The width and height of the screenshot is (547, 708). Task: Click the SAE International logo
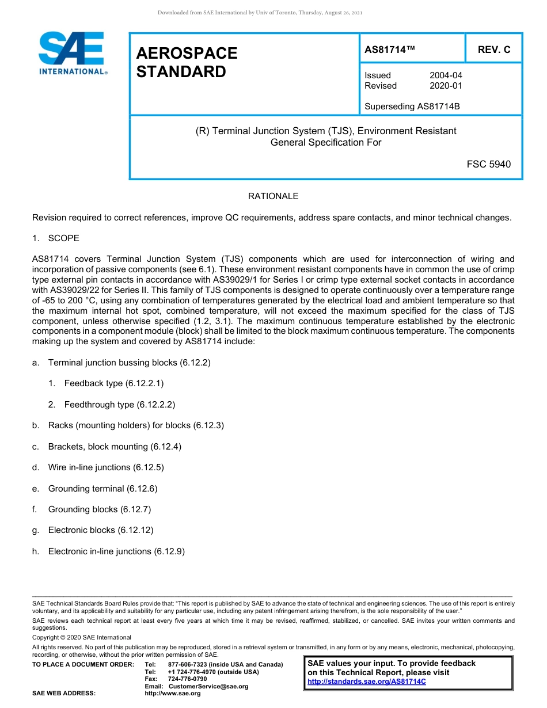click(x=72, y=53)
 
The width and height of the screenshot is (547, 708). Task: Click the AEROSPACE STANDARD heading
click(x=187, y=62)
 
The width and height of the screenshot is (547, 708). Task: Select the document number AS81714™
click(x=390, y=50)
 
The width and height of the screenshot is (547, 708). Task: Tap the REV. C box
click(x=493, y=50)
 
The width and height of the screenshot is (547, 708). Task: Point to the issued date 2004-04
click(x=445, y=75)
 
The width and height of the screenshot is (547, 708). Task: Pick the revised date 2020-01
click(x=445, y=86)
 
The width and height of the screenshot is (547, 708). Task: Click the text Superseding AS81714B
click(x=412, y=106)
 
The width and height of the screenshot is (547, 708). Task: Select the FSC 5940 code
click(x=488, y=164)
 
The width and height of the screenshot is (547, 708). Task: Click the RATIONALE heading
click(x=273, y=196)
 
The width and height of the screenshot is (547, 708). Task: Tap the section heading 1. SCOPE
click(x=56, y=238)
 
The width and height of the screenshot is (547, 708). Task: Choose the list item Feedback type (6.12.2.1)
click(x=109, y=383)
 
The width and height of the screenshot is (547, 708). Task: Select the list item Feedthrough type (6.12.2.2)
click(x=119, y=405)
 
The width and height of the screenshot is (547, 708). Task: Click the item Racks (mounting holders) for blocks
click(x=135, y=425)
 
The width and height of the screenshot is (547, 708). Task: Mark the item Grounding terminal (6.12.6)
click(x=102, y=489)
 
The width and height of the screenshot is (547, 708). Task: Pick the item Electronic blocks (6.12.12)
click(x=100, y=530)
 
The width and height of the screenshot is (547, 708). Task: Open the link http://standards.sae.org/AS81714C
click(x=367, y=682)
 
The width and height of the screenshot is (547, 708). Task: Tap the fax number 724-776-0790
click(x=187, y=679)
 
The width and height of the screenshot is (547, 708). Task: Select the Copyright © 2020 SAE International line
click(x=82, y=637)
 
